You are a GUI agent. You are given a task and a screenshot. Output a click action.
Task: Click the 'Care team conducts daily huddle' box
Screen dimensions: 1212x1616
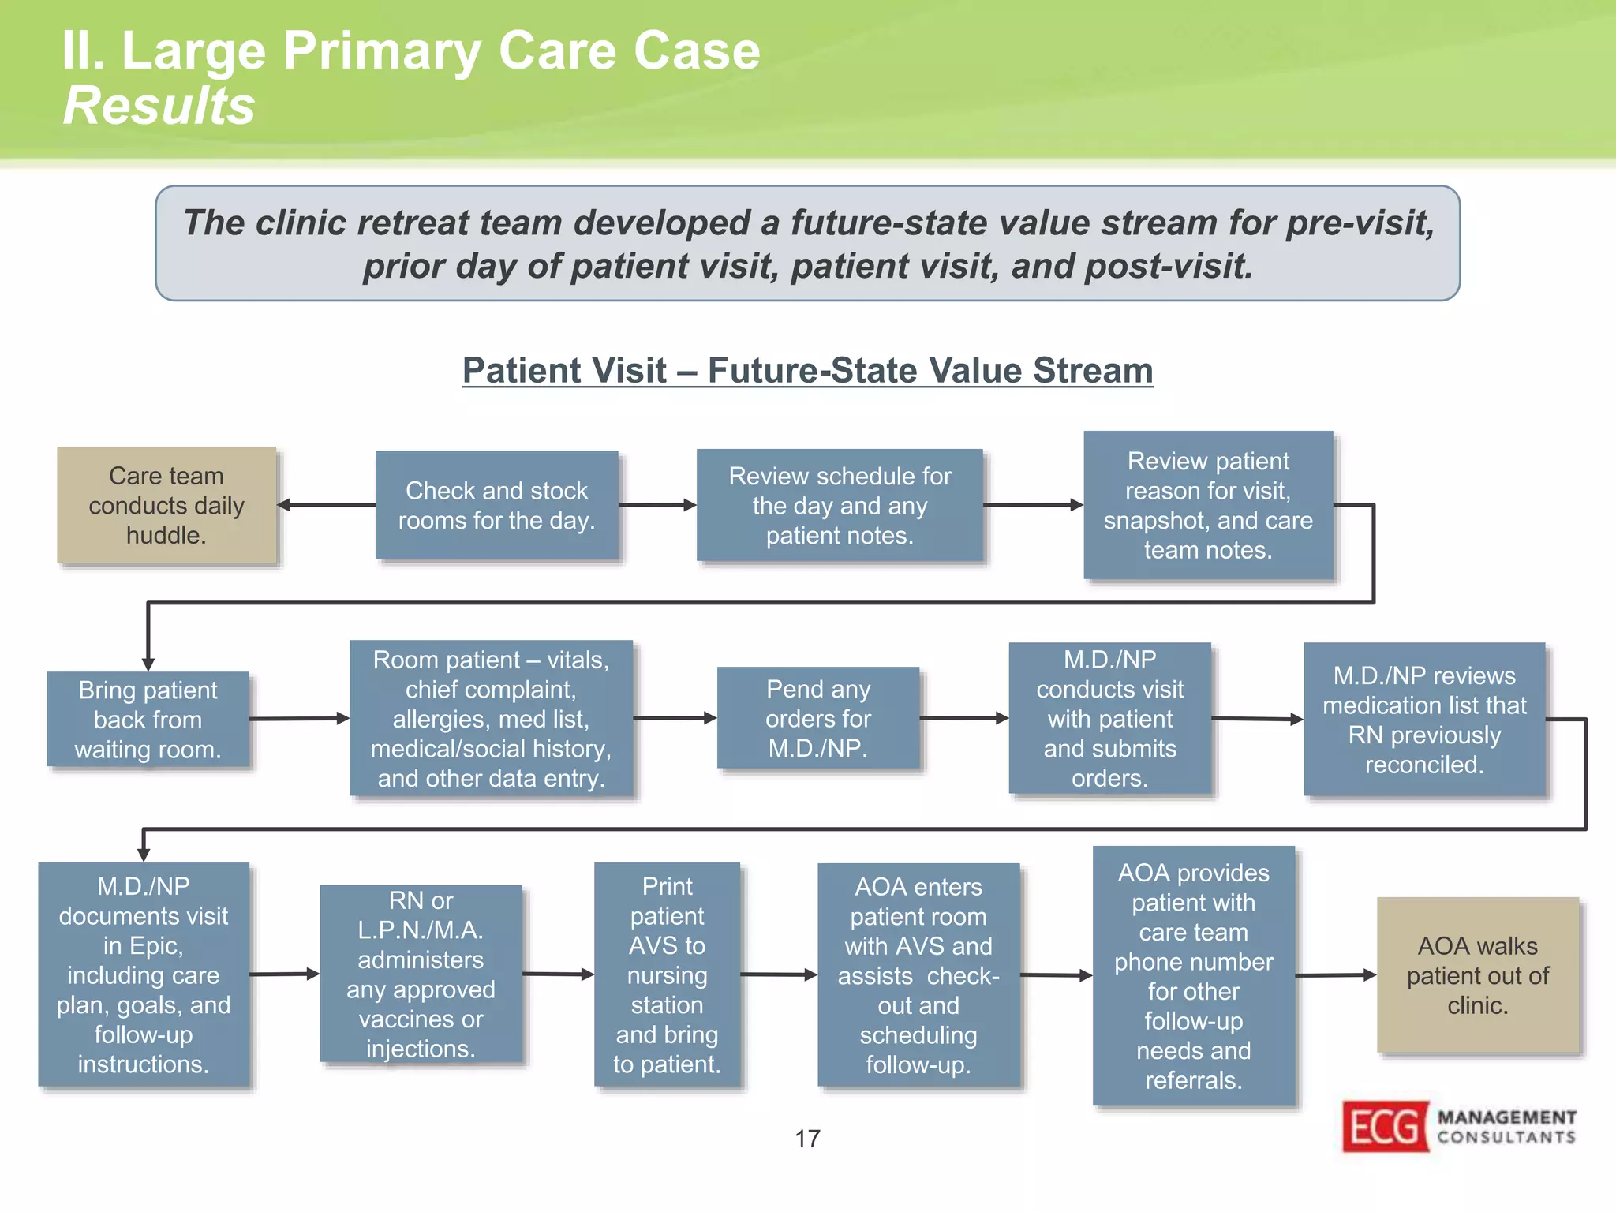click(x=166, y=505)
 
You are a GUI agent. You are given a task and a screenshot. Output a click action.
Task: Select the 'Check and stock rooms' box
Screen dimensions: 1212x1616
click(x=496, y=505)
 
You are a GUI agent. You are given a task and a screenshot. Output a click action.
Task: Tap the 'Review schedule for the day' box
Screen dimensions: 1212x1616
click(x=840, y=505)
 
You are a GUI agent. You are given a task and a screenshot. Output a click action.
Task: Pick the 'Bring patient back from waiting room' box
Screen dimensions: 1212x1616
click(x=148, y=719)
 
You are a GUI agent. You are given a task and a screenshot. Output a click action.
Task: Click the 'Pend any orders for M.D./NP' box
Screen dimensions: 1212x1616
click(x=817, y=718)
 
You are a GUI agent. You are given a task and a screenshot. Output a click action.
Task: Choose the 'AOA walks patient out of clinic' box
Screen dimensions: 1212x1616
click(x=1477, y=975)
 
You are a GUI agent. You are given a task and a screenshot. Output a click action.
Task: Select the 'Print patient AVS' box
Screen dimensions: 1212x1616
click(x=667, y=975)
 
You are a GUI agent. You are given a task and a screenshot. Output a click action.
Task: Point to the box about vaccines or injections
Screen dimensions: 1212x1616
click(x=421, y=974)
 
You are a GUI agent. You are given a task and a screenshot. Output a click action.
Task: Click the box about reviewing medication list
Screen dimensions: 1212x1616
click(x=1424, y=720)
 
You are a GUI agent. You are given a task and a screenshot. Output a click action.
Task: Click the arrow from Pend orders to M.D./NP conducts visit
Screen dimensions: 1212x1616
click(x=963, y=718)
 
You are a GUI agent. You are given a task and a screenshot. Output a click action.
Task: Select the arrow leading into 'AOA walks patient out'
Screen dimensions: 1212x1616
click(x=1335, y=975)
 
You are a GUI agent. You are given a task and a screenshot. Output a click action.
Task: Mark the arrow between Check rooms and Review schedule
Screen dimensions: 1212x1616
click(x=656, y=505)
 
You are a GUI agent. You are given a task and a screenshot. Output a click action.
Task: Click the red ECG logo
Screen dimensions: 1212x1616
click(x=1386, y=1126)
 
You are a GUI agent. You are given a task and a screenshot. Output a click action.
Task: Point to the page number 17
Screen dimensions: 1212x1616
click(x=807, y=1139)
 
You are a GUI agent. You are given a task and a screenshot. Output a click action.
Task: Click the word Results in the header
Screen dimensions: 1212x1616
click(x=159, y=106)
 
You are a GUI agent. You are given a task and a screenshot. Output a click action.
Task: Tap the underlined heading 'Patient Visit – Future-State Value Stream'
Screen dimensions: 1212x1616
click(x=807, y=370)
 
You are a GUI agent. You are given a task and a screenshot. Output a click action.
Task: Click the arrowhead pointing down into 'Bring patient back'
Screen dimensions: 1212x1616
click(x=148, y=664)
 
